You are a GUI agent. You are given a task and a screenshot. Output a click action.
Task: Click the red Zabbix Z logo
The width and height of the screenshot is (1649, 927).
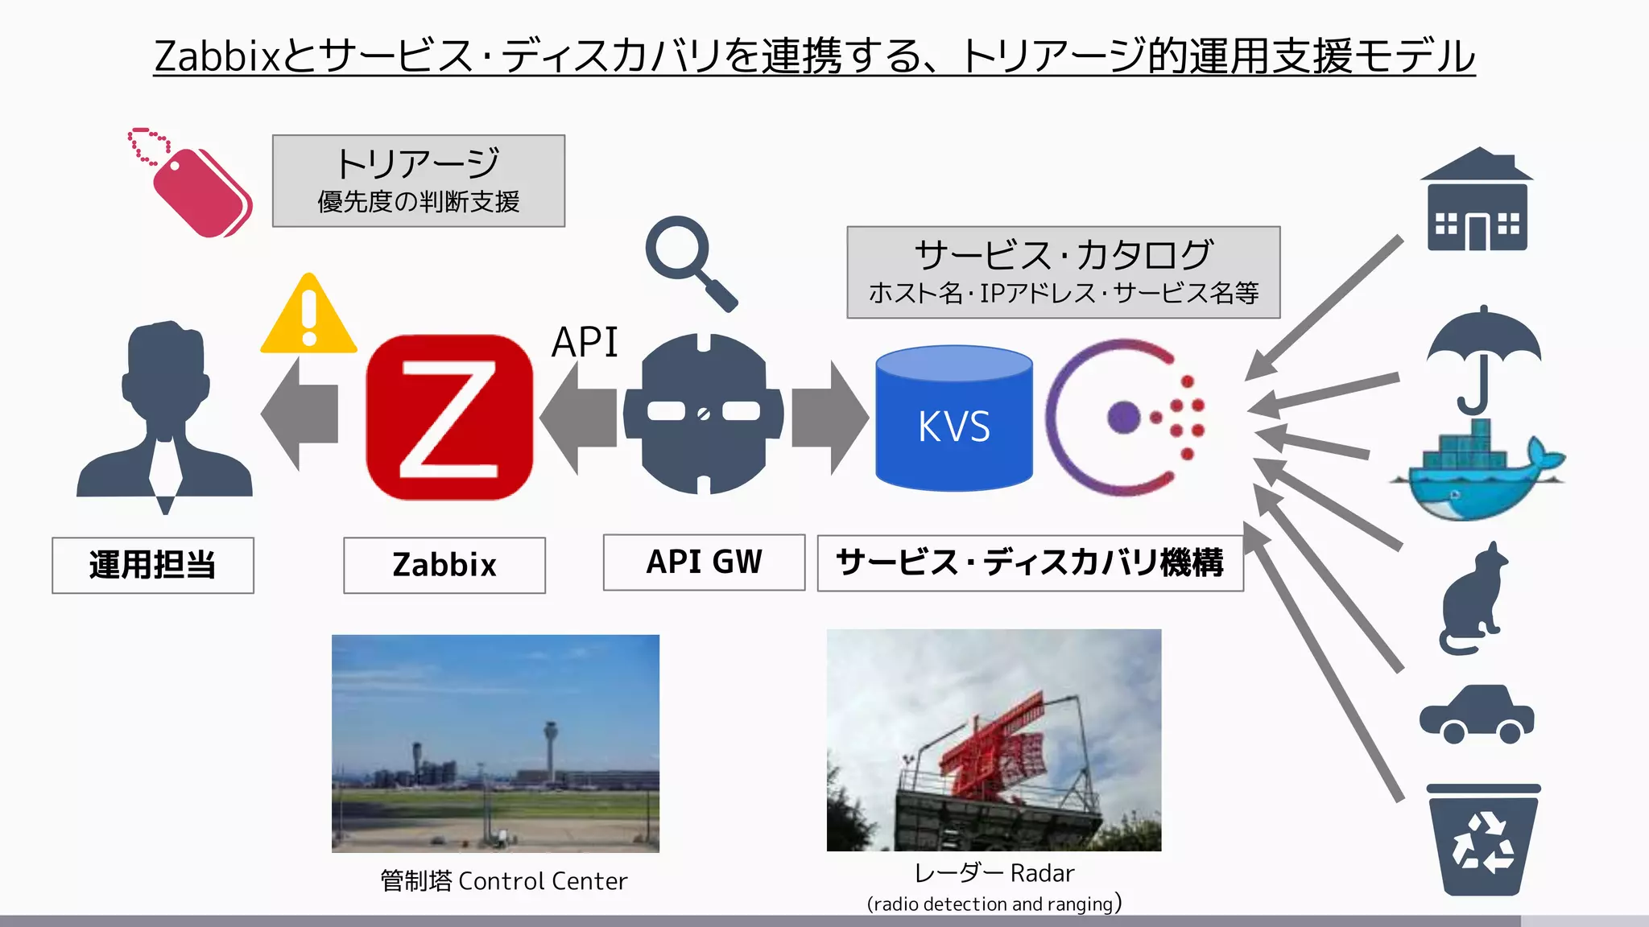coord(449,417)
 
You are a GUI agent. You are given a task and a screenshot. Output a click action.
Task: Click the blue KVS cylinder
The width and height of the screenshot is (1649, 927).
coord(954,418)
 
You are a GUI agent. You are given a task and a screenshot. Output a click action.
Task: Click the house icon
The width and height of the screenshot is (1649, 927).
coord(1477,201)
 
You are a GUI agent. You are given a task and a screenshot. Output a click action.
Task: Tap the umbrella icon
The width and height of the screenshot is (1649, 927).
coord(1483,354)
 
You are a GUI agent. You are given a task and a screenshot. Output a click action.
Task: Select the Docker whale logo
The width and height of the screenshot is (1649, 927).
coord(1477,475)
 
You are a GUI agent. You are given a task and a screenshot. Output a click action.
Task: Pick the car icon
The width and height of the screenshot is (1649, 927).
coord(1477,714)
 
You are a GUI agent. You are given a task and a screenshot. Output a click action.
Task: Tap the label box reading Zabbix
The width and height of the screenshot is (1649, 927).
coord(444,565)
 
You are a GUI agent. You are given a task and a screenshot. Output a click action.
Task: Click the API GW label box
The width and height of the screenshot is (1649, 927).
coord(704,562)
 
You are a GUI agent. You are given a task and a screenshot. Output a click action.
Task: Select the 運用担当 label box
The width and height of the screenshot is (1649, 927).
coord(153,565)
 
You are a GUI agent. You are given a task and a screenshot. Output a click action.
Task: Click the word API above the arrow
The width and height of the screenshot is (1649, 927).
coord(585,342)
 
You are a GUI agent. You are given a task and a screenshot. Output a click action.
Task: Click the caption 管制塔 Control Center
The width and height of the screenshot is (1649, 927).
coord(503,881)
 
